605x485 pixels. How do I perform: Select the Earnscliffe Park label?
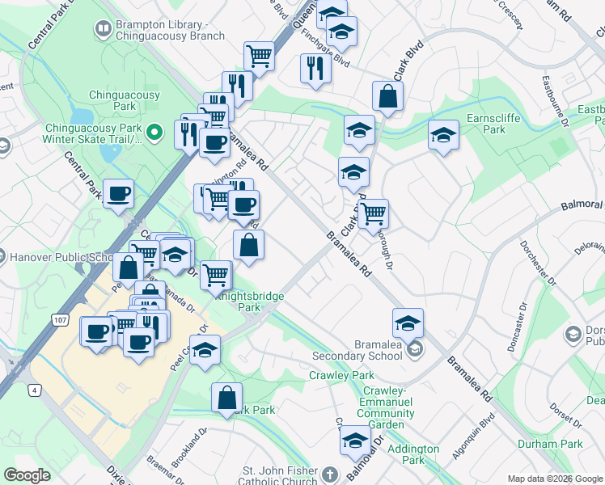497,124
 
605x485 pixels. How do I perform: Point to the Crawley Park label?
341,376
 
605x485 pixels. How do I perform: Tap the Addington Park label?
413,454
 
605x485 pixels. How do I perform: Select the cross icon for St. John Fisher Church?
328,474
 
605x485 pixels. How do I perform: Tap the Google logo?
27,476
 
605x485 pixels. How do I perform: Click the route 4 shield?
34,391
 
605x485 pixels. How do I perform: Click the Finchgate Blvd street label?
324,48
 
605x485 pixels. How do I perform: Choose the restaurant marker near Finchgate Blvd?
314,68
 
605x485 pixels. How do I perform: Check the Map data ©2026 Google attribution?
554,479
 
